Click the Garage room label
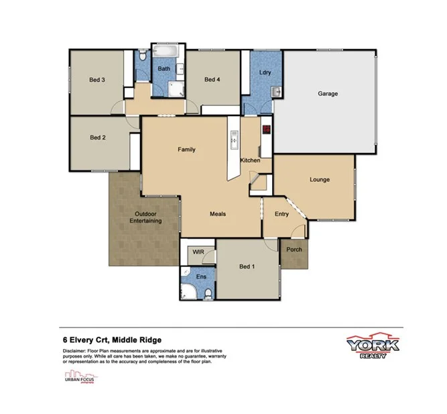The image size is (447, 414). (327, 93)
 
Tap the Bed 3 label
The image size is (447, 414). (97, 80)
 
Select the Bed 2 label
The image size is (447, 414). (98, 138)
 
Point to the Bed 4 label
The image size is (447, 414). (212, 80)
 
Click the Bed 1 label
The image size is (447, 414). (247, 266)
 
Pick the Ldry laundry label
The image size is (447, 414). (265, 72)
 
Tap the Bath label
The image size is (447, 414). (164, 69)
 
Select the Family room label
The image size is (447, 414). (186, 149)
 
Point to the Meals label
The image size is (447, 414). (218, 214)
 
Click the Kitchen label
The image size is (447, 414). (250, 161)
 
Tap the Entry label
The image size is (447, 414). (282, 214)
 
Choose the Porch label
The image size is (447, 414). (294, 250)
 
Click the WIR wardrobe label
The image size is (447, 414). (198, 252)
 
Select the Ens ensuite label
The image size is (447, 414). (200, 276)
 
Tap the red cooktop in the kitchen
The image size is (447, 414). (266, 130)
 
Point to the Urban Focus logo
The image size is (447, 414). (78, 377)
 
